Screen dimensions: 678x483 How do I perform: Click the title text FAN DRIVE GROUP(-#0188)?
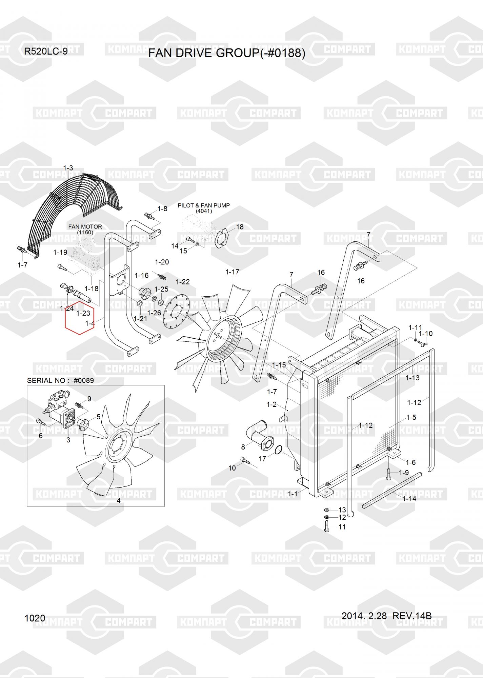click(x=227, y=53)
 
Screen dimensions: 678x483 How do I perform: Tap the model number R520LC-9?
click(x=45, y=52)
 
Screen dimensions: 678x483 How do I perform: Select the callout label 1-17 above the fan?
click(x=232, y=272)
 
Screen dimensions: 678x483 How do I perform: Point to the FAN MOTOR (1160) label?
click(x=85, y=230)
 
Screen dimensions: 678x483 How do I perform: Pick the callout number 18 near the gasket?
click(x=240, y=227)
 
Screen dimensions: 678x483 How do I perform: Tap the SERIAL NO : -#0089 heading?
click(x=60, y=380)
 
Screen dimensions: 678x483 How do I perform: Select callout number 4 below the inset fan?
click(x=119, y=500)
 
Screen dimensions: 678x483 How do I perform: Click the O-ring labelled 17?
click(x=278, y=450)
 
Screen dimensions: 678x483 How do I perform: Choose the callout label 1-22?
click(x=183, y=282)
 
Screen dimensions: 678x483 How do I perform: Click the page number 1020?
click(x=35, y=618)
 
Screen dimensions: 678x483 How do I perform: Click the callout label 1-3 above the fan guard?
click(x=68, y=168)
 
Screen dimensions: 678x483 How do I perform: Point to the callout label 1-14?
click(x=409, y=498)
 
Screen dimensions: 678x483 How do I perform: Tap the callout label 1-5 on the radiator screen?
click(x=411, y=417)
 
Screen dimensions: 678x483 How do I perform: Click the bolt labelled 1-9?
click(x=389, y=474)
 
